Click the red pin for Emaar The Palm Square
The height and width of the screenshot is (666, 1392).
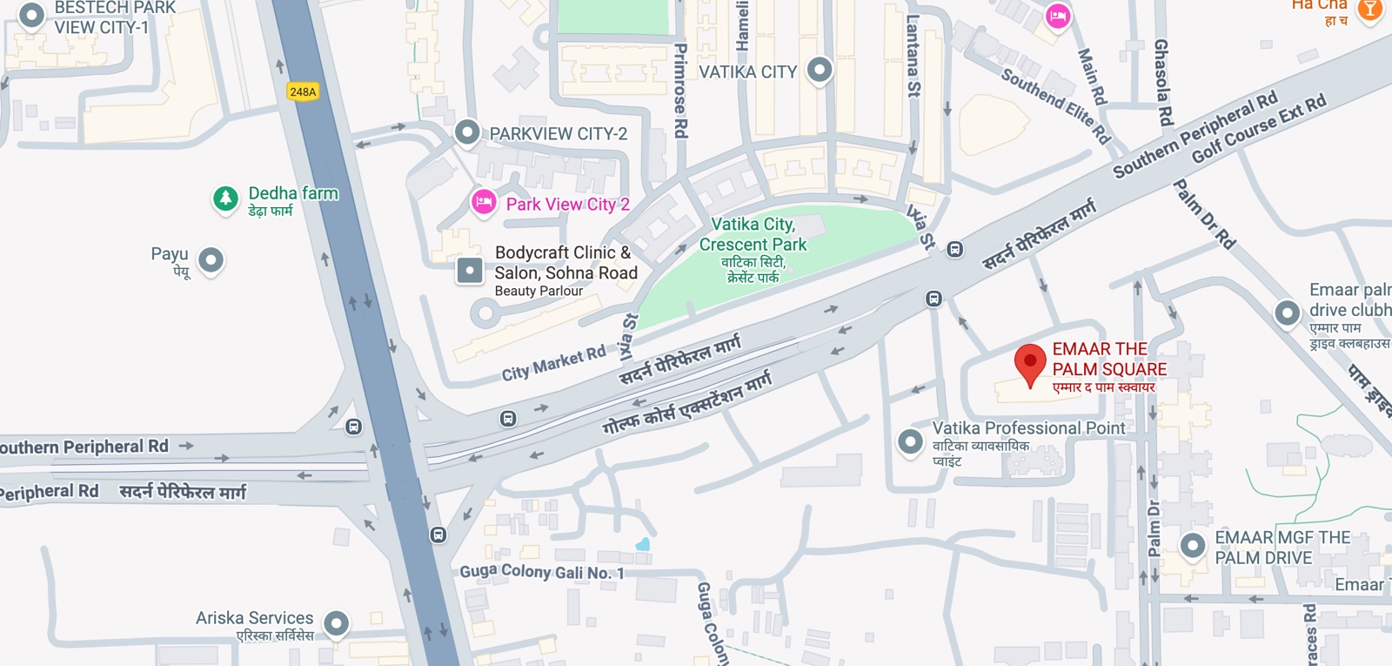(x=1030, y=361)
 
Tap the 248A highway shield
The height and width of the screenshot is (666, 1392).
(x=303, y=91)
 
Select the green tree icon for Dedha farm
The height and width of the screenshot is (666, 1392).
(x=225, y=198)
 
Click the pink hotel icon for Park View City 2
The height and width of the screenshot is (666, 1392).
(x=484, y=202)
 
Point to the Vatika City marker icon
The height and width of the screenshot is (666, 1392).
(x=820, y=70)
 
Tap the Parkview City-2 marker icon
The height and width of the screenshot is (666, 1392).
(x=467, y=132)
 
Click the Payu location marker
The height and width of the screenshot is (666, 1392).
(x=211, y=259)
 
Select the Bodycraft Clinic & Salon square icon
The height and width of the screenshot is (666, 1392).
(x=470, y=271)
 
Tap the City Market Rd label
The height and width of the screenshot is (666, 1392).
(x=553, y=363)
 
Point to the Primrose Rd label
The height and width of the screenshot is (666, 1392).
(x=681, y=91)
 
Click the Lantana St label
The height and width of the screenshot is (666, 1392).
(x=913, y=56)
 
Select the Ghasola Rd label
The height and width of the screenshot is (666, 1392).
(x=1162, y=83)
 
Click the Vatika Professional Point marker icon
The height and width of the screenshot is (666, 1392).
(x=910, y=441)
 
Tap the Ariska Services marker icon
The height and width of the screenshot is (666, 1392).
(x=336, y=622)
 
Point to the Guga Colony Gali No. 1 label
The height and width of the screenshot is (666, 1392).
(x=541, y=572)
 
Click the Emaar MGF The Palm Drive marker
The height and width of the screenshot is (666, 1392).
(x=1192, y=546)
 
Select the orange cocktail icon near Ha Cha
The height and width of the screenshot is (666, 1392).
(x=1369, y=10)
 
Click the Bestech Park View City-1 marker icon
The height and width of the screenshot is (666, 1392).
(x=31, y=15)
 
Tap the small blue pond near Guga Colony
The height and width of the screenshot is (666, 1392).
(x=643, y=545)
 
